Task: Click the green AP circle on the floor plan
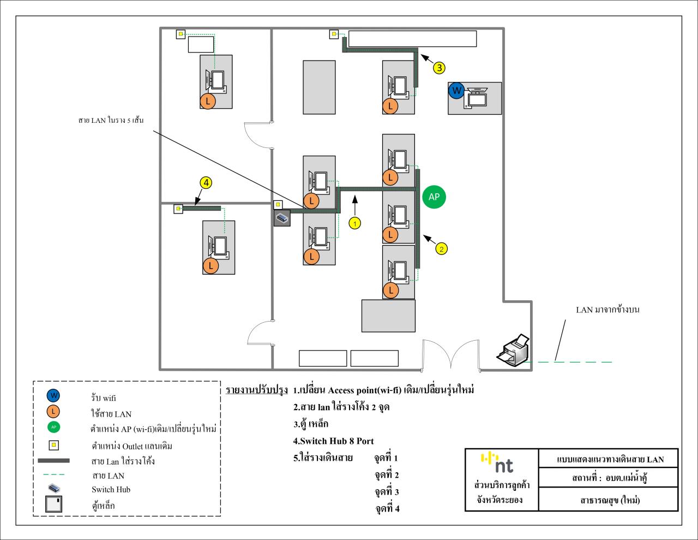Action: pos(434,197)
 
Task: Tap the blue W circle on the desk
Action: pos(456,91)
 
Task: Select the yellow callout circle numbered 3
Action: pos(439,68)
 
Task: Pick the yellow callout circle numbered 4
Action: pos(206,183)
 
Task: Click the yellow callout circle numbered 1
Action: pos(354,223)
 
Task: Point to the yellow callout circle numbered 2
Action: pos(441,248)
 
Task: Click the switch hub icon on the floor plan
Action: pos(282,218)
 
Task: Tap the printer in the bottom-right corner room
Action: pos(513,350)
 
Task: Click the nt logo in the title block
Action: pos(497,462)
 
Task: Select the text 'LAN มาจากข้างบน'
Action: pos(607,310)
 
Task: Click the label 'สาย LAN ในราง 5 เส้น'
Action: pos(111,120)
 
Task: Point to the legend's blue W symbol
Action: pos(53,396)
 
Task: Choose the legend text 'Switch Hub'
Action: pos(111,490)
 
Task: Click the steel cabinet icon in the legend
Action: pos(53,504)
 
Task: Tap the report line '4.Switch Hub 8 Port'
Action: pos(333,441)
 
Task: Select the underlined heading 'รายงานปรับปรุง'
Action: pos(257,390)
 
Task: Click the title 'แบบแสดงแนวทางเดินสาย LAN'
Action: pos(610,459)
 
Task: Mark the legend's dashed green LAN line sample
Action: pos(54,474)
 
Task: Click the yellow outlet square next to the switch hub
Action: pos(278,204)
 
